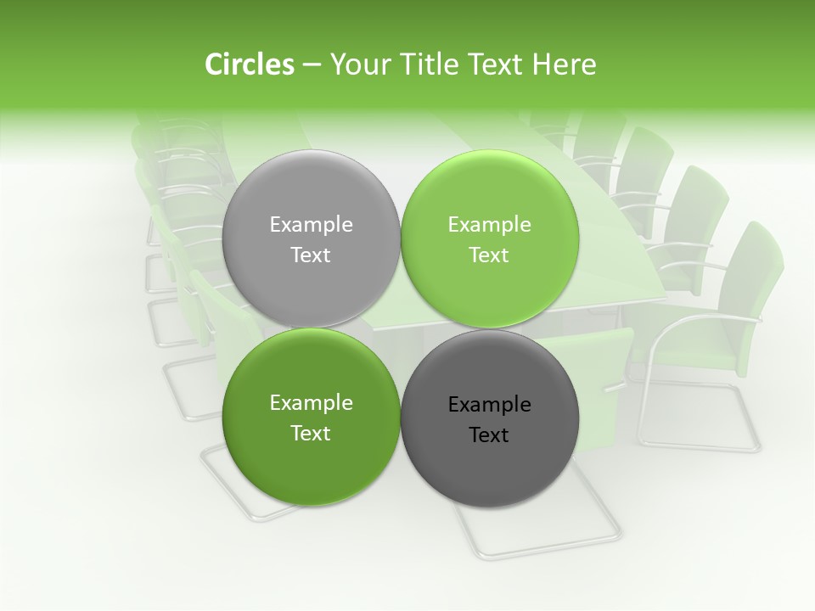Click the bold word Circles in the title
[249, 64]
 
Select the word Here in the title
[565, 64]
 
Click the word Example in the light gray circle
[311, 225]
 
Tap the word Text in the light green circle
[489, 255]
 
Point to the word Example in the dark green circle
[311, 403]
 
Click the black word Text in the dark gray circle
[489, 435]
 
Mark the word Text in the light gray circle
[311, 255]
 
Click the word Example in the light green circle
[489, 225]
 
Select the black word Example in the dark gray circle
[489, 405]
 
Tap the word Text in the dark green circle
[311, 434]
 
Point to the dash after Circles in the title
[312, 66]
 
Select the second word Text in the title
[499, 64]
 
